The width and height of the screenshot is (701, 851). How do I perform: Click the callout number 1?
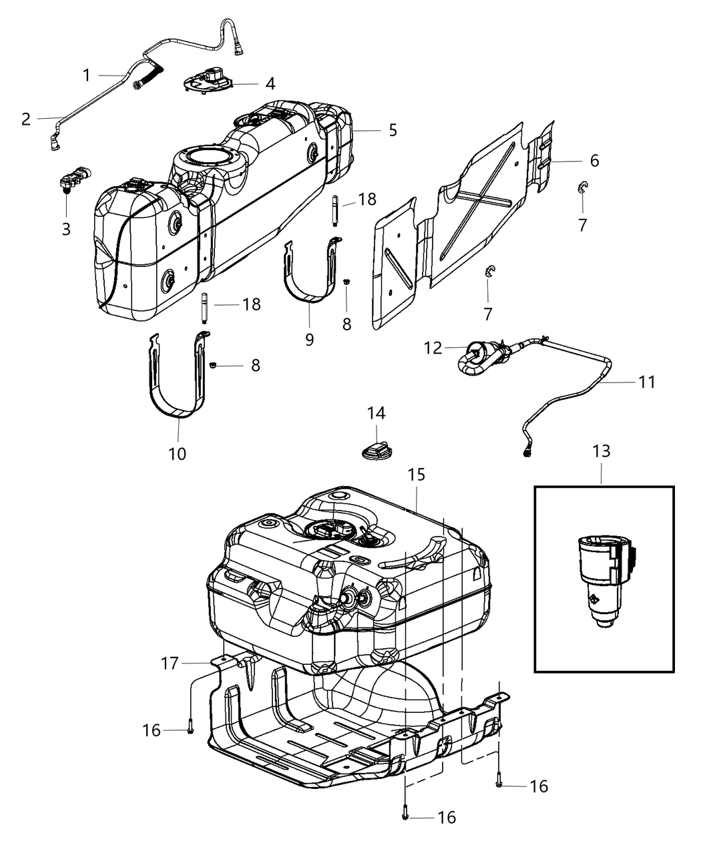click(86, 75)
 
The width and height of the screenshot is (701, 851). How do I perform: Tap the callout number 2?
click(26, 119)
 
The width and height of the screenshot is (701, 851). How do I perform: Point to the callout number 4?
click(270, 84)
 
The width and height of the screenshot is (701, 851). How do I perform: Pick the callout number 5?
click(393, 129)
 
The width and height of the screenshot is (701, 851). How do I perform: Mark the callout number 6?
click(594, 161)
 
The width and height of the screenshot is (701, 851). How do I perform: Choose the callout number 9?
click(309, 340)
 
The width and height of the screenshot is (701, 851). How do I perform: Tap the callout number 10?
click(177, 454)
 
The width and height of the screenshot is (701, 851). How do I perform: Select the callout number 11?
click(647, 382)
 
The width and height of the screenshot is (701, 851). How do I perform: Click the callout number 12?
click(433, 348)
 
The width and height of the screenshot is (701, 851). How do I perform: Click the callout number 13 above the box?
click(601, 451)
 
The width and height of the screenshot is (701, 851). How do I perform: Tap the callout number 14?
click(376, 413)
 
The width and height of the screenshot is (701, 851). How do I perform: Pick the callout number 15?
click(417, 475)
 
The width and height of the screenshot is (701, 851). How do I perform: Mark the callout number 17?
click(170, 663)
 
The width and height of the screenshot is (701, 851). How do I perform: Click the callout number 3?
click(66, 229)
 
